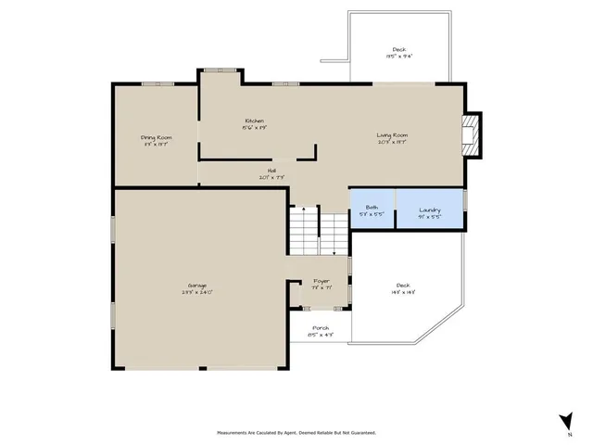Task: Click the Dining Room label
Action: (156, 137)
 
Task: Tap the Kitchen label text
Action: (255, 121)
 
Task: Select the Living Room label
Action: (392, 135)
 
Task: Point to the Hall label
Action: (272, 171)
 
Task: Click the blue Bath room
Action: (372, 209)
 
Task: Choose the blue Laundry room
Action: (429, 209)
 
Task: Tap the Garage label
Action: (196, 285)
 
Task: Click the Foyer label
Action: (321, 280)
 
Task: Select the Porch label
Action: (321, 328)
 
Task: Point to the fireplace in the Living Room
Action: (473, 134)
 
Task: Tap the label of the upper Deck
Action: (398, 50)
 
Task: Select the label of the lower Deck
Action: (402, 285)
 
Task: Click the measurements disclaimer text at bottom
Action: (296, 432)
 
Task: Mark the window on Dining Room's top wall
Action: (158, 84)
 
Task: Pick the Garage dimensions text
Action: (196, 292)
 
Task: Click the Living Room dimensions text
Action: (392, 143)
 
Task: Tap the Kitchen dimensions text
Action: (255, 129)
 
